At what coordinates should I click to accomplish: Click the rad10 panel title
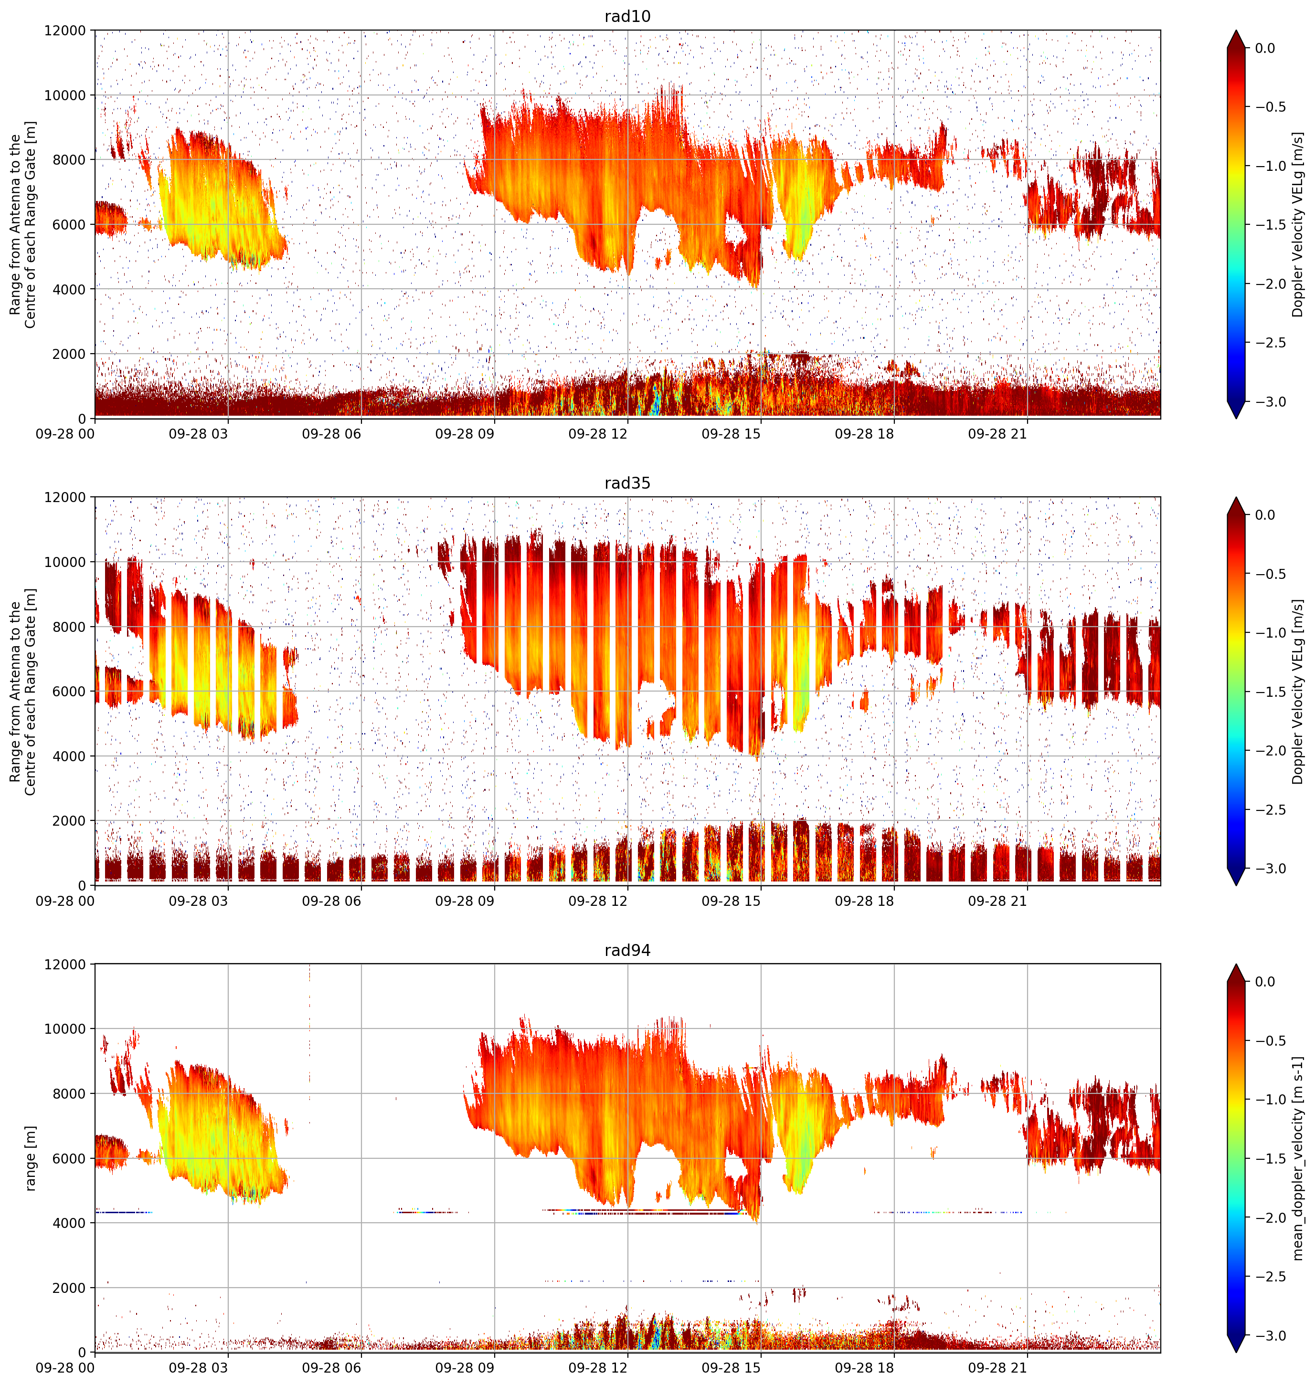tap(627, 16)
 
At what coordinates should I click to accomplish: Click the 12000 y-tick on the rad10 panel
tap(65, 31)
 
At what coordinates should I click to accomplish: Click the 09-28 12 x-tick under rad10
tap(598, 434)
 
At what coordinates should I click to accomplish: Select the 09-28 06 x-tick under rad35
tap(331, 901)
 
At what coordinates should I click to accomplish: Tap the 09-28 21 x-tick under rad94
tap(997, 1367)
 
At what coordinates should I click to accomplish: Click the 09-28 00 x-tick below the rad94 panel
tap(65, 1367)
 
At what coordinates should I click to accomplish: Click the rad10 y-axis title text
tap(22, 225)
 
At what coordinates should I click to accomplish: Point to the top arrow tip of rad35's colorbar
tap(1237, 497)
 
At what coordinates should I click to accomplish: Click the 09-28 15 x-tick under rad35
tap(731, 901)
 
